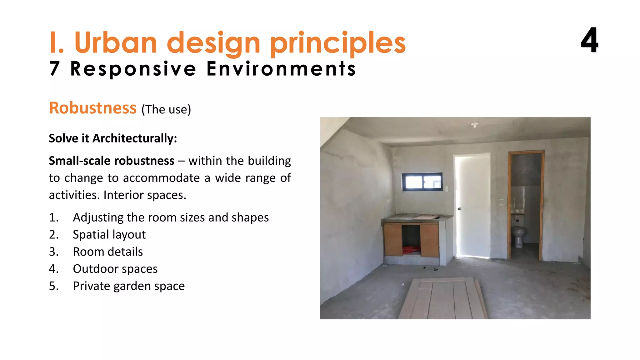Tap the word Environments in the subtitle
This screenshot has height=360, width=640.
pos(281,69)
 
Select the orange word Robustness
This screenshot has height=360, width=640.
pos(93,108)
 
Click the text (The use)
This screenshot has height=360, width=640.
pos(166,110)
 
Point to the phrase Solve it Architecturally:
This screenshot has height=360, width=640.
pos(113,138)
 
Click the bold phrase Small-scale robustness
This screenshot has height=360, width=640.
pos(112,161)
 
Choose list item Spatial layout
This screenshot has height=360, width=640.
pos(109,234)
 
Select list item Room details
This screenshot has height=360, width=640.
pos(107,252)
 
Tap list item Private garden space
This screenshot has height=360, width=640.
pos(128,286)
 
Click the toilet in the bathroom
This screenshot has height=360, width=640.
pos(519,234)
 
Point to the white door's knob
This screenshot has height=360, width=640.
pos(459,208)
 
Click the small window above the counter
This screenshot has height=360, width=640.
pos(422,182)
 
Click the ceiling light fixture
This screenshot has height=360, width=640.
pos(475,125)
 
